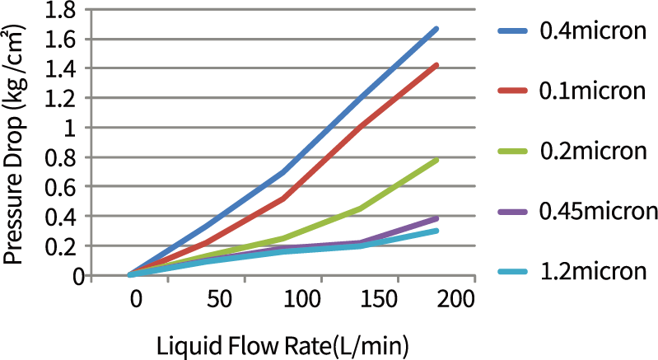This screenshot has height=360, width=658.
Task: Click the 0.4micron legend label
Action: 591,32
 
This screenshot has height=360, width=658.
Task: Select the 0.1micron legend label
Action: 591,91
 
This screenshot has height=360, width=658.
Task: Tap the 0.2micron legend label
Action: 591,152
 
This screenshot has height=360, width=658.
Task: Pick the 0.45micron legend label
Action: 597,211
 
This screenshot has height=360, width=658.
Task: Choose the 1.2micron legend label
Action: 591,270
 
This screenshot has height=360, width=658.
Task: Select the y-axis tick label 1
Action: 77,129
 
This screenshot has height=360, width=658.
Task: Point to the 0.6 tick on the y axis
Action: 66,188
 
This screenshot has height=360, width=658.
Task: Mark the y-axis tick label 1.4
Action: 66,69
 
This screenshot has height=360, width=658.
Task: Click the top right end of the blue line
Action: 436,29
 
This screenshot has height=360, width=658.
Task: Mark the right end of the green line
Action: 436,160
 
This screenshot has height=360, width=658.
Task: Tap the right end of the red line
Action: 436,64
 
